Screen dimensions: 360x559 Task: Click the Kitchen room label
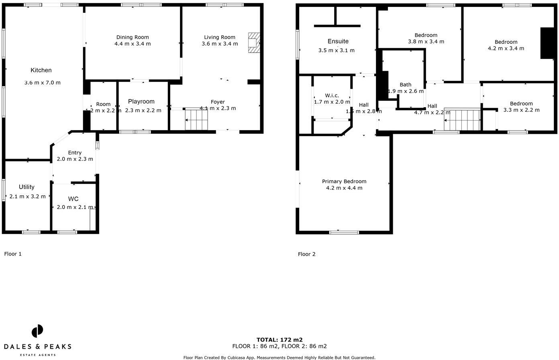click(x=41, y=70)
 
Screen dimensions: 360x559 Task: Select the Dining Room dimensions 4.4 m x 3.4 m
click(x=133, y=44)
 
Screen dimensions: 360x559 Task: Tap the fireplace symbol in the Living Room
click(x=254, y=43)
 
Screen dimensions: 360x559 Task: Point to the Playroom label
click(x=141, y=102)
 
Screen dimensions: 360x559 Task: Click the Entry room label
click(x=75, y=153)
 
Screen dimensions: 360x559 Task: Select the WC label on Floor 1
click(x=73, y=199)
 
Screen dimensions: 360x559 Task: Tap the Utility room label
click(x=27, y=187)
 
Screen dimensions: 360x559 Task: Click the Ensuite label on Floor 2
click(x=338, y=41)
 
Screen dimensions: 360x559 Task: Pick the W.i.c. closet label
click(x=332, y=96)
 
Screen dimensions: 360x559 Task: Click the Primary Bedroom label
click(x=344, y=182)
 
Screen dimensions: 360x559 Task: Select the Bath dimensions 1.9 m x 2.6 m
click(x=406, y=91)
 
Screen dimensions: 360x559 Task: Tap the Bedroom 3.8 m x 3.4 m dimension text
click(x=426, y=41)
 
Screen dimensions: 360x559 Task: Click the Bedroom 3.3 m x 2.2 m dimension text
click(x=521, y=110)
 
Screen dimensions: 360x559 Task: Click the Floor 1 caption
click(x=13, y=254)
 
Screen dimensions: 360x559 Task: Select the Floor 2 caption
click(x=307, y=254)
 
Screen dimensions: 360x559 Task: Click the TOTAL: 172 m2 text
click(x=279, y=340)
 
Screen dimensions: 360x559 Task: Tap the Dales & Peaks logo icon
click(x=37, y=331)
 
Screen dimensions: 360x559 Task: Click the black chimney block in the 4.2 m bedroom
click(x=547, y=43)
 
